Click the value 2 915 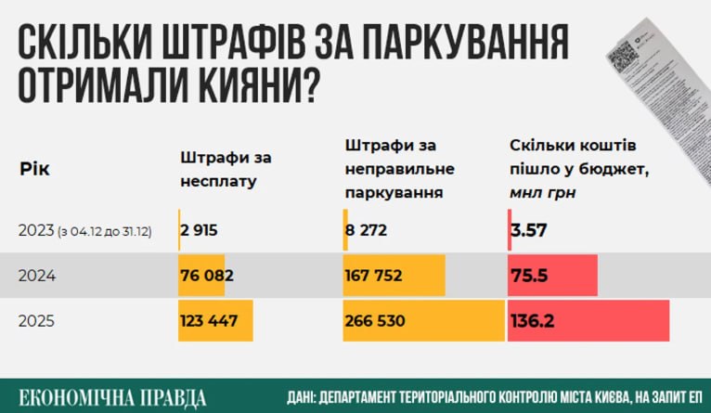pyautogui.click(x=200, y=230)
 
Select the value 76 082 pyautogui.click(x=207, y=276)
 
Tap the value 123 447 pyautogui.click(x=211, y=320)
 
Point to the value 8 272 pyautogui.click(x=367, y=230)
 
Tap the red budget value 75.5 pyautogui.click(x=531, y=276)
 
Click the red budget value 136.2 pyautogui.click(x=536, y=320)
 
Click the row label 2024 pyautogui.click(x=36, y=276)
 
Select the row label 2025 pyautogui.click(x=36, y=320)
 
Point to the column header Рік pyautogui.click(x=34, y=170)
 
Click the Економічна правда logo pyautogui.click(x=112, y=396)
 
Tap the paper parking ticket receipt pyautogui.click(x=653, y=70)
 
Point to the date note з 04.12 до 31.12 pyautogui.click(x=107, y=231)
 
